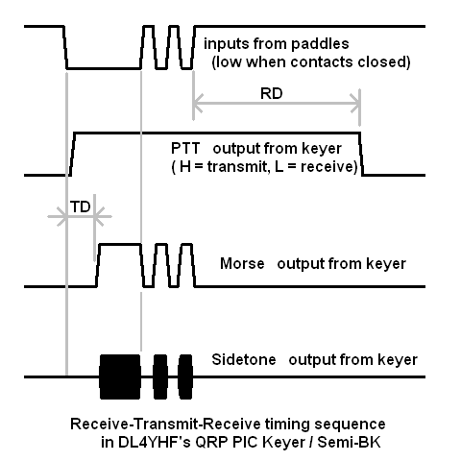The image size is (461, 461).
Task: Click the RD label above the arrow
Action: coord(272,93)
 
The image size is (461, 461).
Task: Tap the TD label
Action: coord(80,206)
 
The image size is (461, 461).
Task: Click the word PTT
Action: coord(185,148)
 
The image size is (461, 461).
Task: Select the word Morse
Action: coord(242,264)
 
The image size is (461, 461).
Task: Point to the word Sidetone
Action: coord(244,359)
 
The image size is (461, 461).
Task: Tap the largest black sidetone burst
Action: coord(120,376)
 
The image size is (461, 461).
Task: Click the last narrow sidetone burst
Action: coord(185,376)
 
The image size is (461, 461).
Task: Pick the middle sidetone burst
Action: coord(160,376)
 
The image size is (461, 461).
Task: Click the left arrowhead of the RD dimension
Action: coord(198,103)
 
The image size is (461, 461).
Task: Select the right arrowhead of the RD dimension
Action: coord(355,103)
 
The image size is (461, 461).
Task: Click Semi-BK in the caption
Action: coord(350,442)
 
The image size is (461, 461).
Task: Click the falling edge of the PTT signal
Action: coord(361,154)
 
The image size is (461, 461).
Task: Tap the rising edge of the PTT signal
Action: coord(72,154)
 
